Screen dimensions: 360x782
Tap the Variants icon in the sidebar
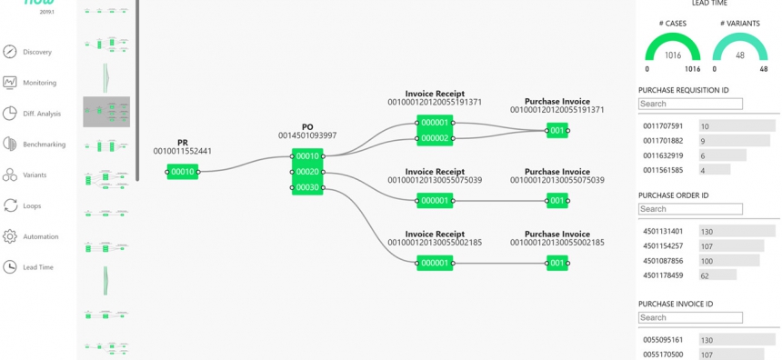click(x=10, y=175)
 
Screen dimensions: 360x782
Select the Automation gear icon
click(x=10, y=236)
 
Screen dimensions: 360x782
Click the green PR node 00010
click(x=183, y=171)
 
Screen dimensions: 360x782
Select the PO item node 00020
click(x=307, y=172)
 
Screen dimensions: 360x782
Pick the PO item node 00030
click(x=307, y=188)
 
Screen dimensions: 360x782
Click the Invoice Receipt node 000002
click(x=435, y=138)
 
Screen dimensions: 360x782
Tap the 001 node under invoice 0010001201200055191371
click(x=557, y=130)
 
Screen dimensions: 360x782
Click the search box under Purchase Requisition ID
click(x=690, y=104)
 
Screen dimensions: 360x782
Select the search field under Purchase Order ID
click(x=690, y=209)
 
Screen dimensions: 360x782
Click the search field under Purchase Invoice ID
click(x=690, y=317)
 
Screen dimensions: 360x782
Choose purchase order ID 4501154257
click(x=663, y=246)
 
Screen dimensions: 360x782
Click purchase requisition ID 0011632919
click(x=663, y=155)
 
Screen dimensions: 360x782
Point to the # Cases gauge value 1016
click(x=673, y=55)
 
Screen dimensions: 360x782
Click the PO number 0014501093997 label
click(x=307, y=135)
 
